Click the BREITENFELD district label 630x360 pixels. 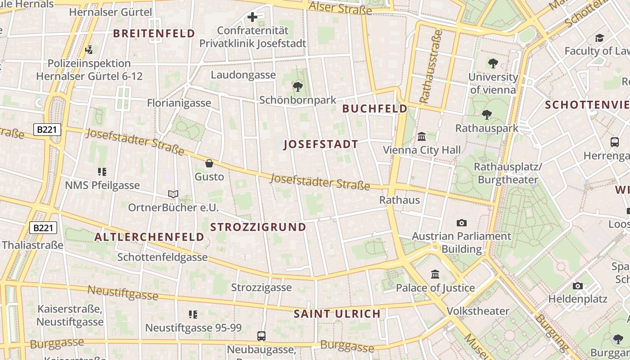click(x=154, y=33)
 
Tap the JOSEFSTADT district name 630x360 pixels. click(x=321, y=144)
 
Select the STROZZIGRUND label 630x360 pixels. click(x=258, y=227)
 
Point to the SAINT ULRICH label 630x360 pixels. click(x=337, y=314)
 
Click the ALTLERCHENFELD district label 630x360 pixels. click(x=149, y=237)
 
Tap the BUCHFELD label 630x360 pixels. click(x=374, y=108)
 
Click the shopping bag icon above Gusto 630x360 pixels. click(x=209, y=163)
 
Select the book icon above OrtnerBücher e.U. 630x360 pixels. click(x=173, y=194)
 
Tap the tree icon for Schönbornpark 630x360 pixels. click(x=297, y=87)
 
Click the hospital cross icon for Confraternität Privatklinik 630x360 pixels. click(x=252, y=17)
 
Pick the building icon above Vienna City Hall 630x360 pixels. click(x=422, y=136)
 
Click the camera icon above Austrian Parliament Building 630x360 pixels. click(x=461, y=223)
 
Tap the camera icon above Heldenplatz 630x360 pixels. click(x=578, y=286)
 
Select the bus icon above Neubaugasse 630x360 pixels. click(x=261, y=336)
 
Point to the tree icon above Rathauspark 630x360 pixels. click(x=486, y=115)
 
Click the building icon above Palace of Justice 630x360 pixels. click(x=435, y=274)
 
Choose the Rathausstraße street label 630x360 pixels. click(x=431, y=67)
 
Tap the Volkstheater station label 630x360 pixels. click(x=478, y=311)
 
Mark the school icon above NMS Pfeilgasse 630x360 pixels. click(x=102, y=171)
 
